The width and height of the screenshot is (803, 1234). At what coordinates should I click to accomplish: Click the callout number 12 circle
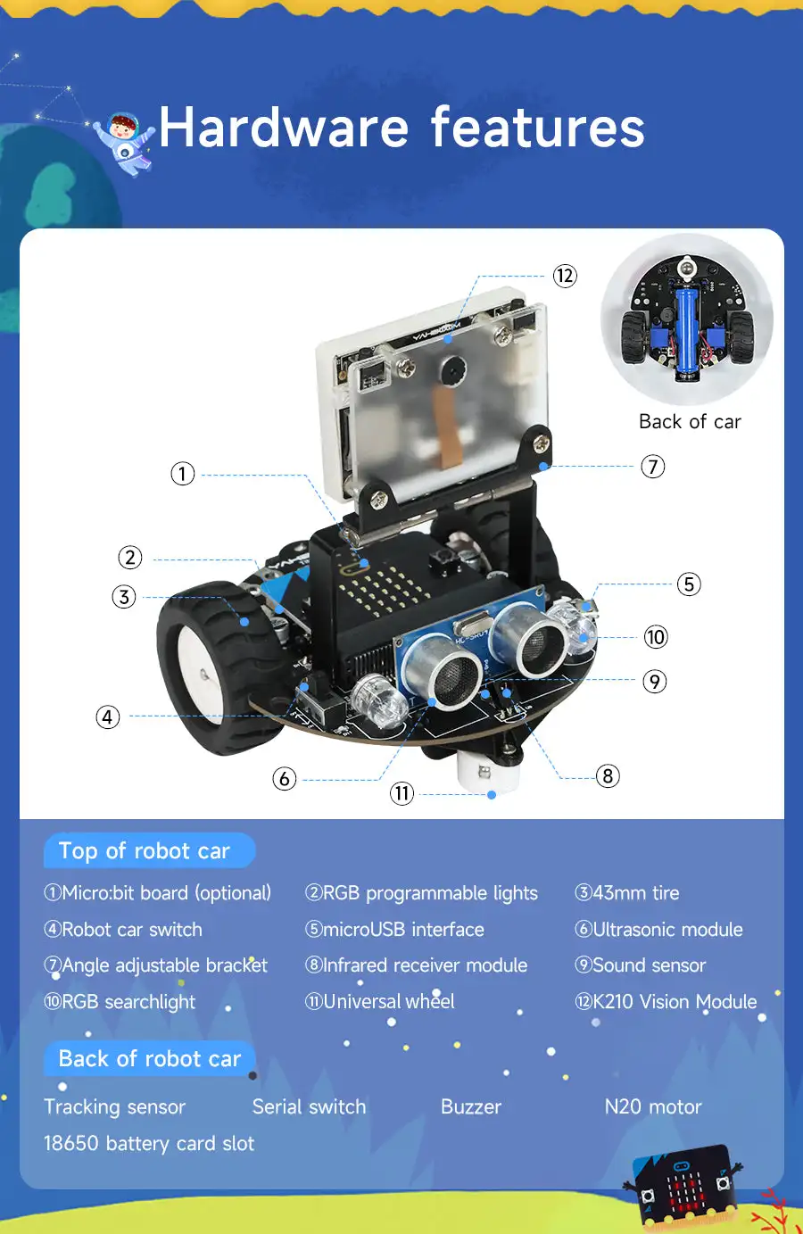coord(565,276)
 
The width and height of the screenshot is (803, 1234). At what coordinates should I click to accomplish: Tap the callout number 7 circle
coord(653,467)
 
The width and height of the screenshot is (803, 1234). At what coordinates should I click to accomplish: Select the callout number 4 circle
coord(108,716)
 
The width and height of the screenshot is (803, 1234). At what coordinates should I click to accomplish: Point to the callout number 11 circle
coord(402,793)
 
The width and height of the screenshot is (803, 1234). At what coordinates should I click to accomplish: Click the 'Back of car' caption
coord(690,422)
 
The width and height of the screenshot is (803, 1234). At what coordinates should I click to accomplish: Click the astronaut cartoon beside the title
coord(126,143)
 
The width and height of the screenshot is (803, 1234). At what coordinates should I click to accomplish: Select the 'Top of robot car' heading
coord(145,851)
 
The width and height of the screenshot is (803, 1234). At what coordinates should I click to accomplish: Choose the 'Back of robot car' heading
coord(150,1059)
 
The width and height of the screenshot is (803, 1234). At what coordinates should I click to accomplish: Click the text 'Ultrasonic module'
coord(666,930)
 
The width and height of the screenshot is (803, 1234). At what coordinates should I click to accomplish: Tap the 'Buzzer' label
coord(471,1107)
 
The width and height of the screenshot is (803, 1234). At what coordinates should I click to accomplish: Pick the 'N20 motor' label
coord(653,1107)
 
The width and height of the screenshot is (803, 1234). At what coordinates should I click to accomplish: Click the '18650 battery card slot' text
coord(149,1144)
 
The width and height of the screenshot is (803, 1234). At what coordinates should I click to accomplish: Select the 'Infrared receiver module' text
coord(425,965)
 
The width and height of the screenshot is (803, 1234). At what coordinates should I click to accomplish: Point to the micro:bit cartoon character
coord(685,1185)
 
